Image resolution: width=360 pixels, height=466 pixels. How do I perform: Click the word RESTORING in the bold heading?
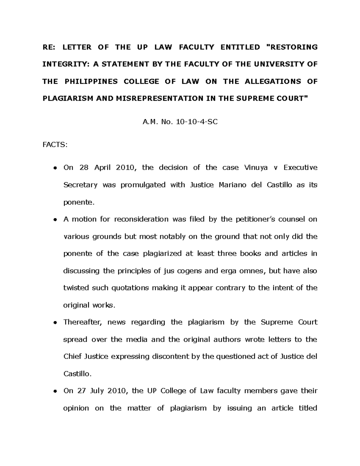tap(292, 47)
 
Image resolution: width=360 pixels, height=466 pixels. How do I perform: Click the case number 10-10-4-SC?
tap(196, 122)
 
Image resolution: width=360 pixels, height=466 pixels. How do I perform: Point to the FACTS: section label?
tap(55, 145)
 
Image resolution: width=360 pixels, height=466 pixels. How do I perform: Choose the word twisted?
tap(75, 288)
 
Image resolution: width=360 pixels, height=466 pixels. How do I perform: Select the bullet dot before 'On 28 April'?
tap(55, 168)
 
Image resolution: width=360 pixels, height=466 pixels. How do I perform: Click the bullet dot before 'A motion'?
tap(55, 220)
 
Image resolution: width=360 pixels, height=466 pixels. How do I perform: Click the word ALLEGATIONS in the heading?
tap(273, 82)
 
